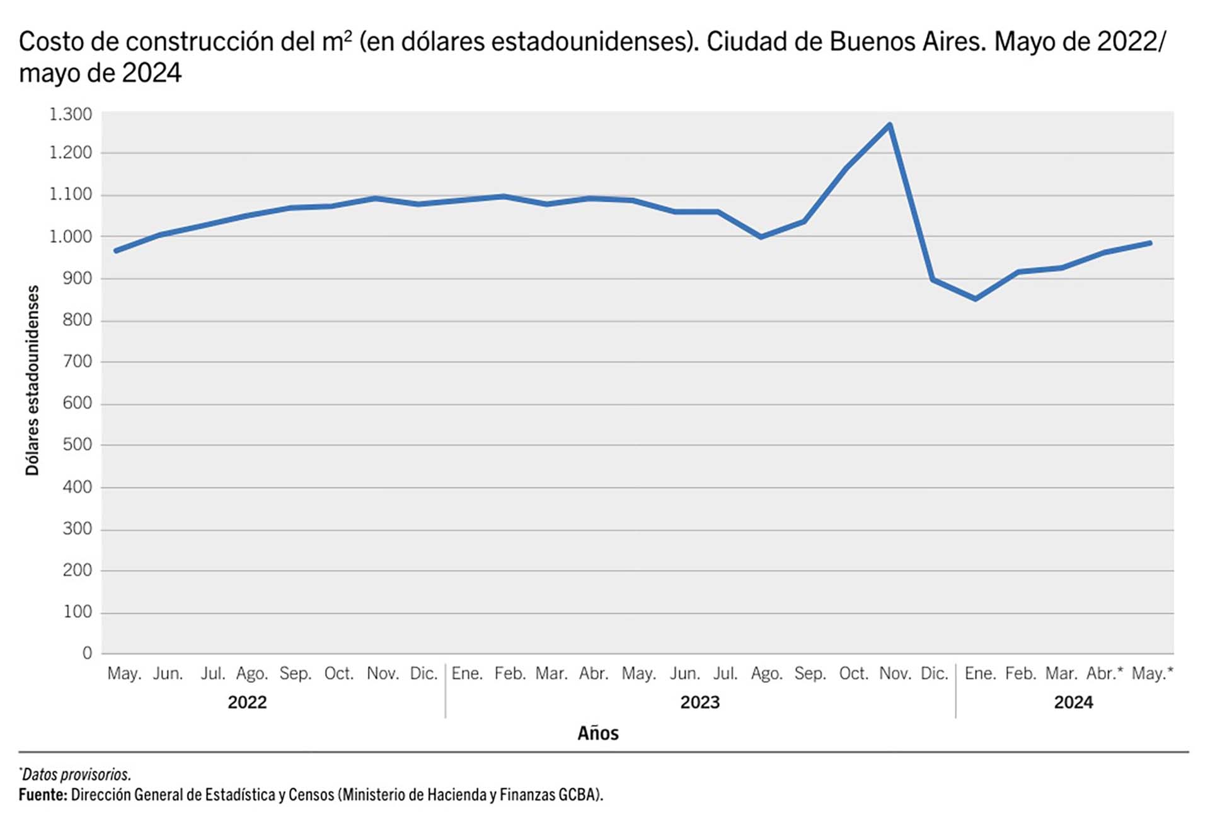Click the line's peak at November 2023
coord(889,125)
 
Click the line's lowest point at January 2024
coord(976,299)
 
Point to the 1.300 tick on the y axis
coord(71,114)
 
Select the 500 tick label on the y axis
coord(77,444)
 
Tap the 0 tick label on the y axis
coord(87,653)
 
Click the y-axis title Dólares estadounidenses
coord(32,380)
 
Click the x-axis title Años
coord(598,733)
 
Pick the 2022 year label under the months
coord(247,702)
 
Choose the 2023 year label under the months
coord(700,702)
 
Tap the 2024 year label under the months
coord(1073,702)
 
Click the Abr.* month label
coord(1104,673)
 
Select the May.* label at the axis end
coord(1152,673)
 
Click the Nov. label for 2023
coord(895,673)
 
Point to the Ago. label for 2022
coord(252,673)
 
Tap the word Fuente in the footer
coord(42,794)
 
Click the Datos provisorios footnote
coord(76,774)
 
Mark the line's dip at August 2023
coord(761,237)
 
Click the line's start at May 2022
coord(116,251)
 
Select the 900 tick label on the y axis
coord(77,278)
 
